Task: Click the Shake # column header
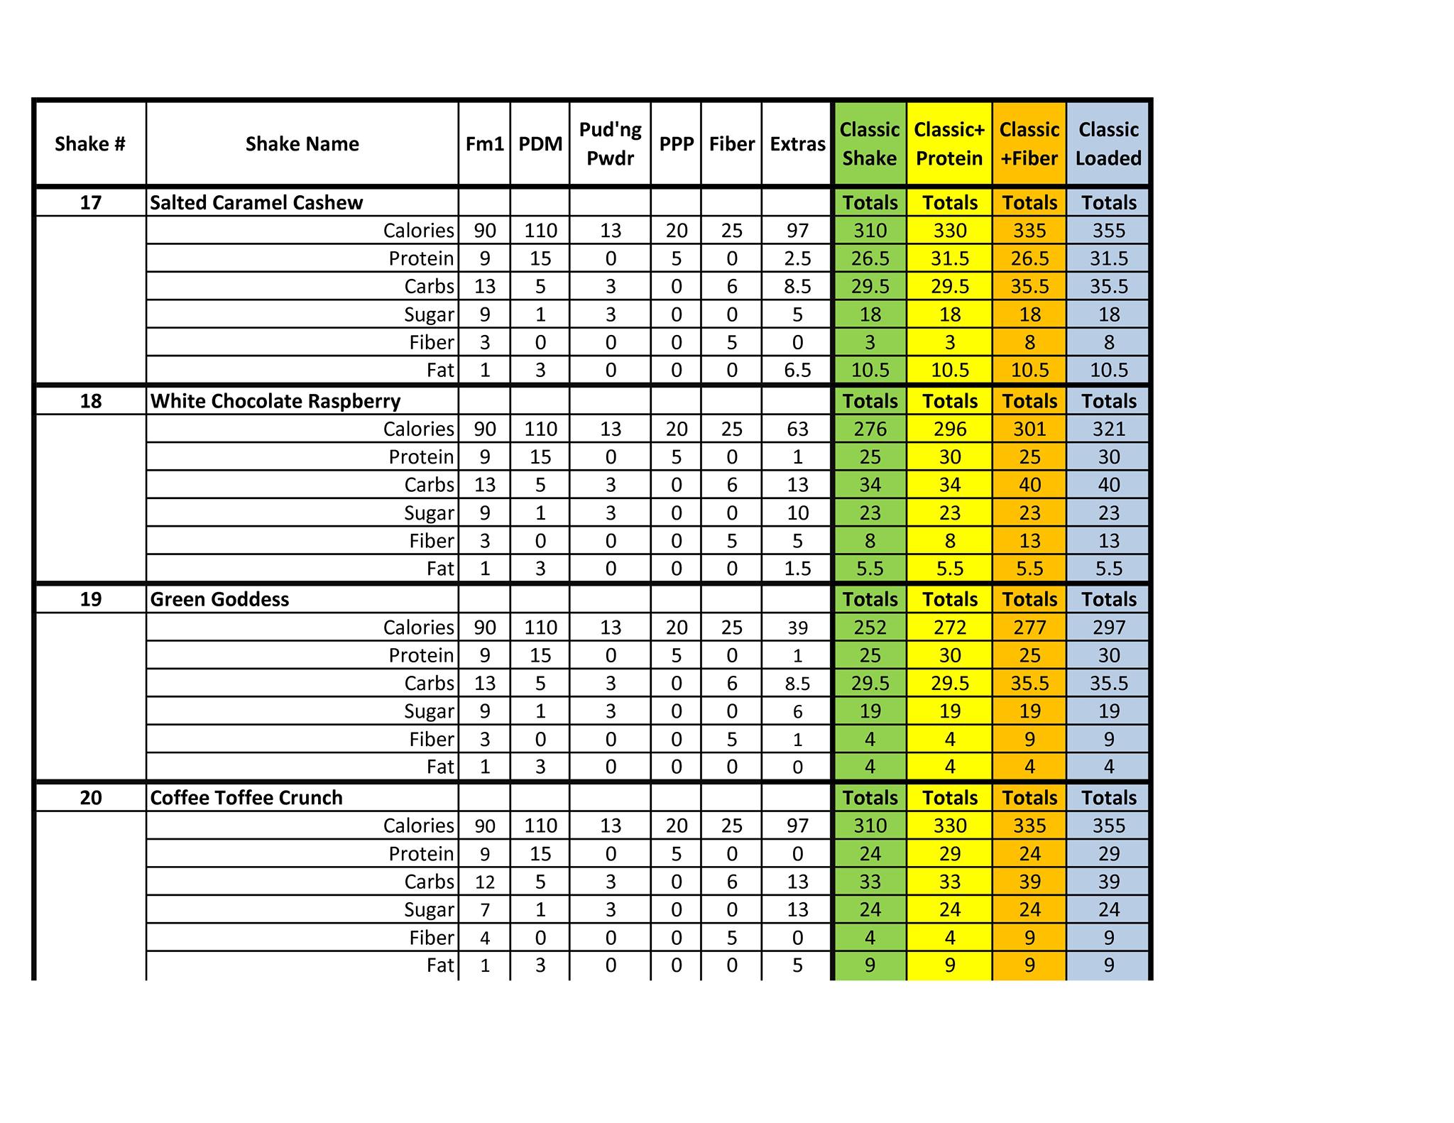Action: [90, 144]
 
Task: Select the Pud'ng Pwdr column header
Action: [610, 144]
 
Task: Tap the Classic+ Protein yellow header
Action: [949, 144]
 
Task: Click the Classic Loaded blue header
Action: [1108, 144]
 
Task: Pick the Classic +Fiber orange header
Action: [1029, 144]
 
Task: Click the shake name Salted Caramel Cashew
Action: [256, 203]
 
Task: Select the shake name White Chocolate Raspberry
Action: [275, 401]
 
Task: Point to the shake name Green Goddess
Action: [219, 599]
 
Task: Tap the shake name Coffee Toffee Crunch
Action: [246, 798]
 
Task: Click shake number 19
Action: [90, 599]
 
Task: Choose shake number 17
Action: [90, 203]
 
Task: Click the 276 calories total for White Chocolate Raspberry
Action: [870, 429]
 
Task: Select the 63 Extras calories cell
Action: [797, 429]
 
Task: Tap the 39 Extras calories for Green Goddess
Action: [797, 628]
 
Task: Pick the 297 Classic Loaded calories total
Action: [1108, 628]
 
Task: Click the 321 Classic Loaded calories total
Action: [1108, 429]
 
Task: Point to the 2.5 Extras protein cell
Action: [797, 258]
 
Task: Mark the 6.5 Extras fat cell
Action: [797, 370]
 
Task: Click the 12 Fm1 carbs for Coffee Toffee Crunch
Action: [485, 882]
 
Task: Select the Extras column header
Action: [797, 144]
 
